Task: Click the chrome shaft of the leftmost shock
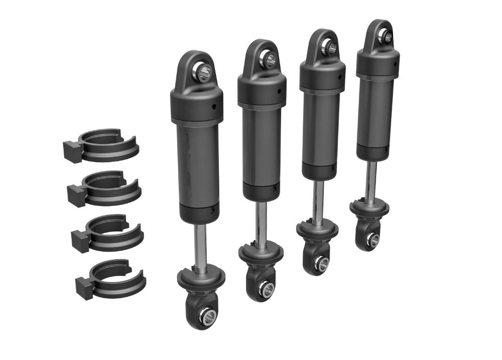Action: (200, 246)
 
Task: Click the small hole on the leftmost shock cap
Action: (213, 106)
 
